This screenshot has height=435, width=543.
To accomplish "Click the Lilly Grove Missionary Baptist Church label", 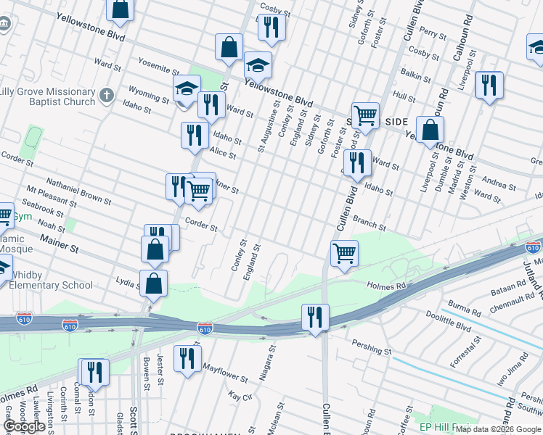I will tap(48, 96).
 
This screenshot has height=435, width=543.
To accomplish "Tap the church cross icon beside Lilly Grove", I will tap(107, 95).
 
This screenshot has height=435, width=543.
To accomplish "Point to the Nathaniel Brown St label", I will tap(78, 189).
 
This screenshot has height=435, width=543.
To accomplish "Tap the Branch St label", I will tap(370, 225).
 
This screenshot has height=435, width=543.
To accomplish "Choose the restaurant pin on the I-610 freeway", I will tap(315, 317).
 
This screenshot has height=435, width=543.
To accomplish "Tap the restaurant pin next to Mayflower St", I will tap(188, 359).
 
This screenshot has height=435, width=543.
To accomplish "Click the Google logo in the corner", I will tap(23, 426).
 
